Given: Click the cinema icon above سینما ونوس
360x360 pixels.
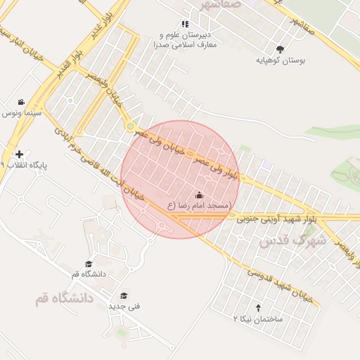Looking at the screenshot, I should click(22, 102).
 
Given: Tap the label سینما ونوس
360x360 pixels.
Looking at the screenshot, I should click(22, 112).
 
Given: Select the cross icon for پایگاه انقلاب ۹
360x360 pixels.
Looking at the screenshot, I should click(19, 154).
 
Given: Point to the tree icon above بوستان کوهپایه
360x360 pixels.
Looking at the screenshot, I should click(281, 49).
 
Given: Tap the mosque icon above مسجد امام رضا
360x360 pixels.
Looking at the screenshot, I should click(199, 195).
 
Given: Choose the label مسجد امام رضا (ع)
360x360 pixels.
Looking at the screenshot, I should click(199, 205).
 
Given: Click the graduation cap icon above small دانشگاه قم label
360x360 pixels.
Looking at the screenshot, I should click(89, 264).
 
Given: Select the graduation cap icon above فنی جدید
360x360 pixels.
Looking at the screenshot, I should click(124, 296).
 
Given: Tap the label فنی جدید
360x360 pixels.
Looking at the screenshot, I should click(124, 307).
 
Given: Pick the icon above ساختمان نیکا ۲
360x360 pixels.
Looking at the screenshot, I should click(257, 308).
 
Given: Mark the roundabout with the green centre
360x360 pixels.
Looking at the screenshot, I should click(130, 126).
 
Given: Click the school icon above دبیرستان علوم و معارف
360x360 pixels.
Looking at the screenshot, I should click(185, 24).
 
